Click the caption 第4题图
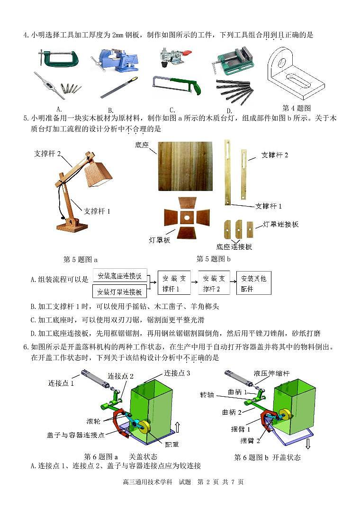click(x=296, y=108)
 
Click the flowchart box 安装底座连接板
click(x=120, y=276)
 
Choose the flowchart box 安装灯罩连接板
click(x=120, y=291)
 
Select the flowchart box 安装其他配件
click(x=253, y=283)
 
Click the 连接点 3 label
click(x=177, y=373)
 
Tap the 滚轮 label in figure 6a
click(x=93, y=420)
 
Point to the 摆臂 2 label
click(x=250, y=441)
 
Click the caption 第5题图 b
click(x=214, y=258)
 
